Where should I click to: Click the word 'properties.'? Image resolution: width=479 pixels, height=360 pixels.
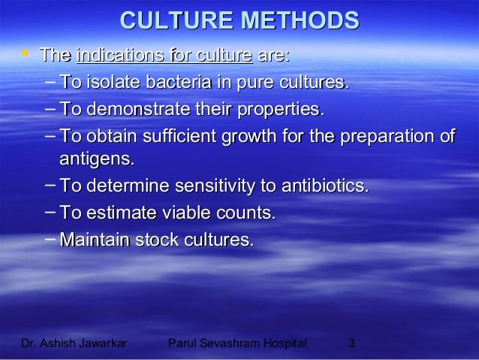(x=282, y=110)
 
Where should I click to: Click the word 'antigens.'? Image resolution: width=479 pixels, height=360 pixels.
(x=98, y=159)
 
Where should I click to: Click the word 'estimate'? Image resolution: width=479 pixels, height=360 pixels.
(x=119, y=213)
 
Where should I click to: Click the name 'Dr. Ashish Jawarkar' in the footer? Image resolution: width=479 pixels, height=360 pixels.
(x=74, y=344)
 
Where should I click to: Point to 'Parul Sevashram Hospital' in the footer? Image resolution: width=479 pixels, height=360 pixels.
(x=238, y=344)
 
